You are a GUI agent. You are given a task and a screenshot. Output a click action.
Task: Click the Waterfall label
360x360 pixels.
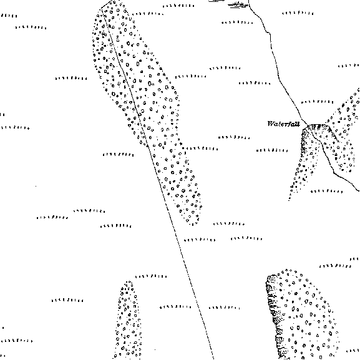(x=283, y=124)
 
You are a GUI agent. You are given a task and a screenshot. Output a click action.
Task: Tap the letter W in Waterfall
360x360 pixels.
(x=271, y=124)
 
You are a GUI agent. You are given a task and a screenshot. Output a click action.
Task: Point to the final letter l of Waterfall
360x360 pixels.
(x=298, y=124)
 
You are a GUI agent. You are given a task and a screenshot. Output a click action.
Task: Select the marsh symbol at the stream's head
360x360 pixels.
(x=239, y=4)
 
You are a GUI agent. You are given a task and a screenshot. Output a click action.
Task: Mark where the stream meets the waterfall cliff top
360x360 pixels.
(x=308, y=125)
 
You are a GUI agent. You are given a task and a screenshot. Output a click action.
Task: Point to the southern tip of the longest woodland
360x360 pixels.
(x=193, y=225)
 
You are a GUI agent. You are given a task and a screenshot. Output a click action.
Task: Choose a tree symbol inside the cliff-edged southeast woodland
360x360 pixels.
(x=298, y=328)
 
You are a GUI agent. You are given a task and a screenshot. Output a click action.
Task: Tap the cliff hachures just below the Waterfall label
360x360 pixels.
(x=304, y=140)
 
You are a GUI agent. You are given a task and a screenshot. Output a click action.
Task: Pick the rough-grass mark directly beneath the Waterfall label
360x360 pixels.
(x=272, y=150)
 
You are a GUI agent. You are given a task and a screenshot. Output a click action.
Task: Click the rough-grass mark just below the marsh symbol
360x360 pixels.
(x=237, y=22)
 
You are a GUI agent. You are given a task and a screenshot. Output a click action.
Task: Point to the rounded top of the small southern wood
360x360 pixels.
(x=129, y=282)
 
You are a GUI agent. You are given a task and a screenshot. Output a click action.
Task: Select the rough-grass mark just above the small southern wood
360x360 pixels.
(x=151, y=276)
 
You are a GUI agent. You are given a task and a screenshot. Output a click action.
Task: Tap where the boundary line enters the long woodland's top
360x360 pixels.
(x=102, y=9)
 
